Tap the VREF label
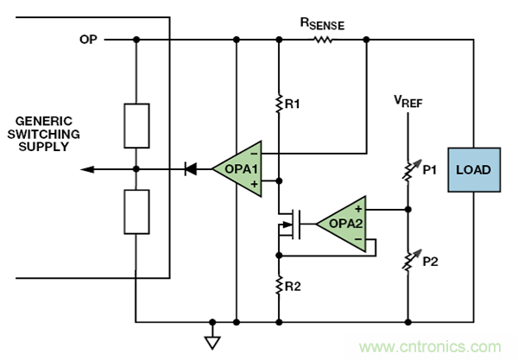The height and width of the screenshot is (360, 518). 407,100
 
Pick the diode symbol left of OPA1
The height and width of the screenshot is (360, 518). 190,169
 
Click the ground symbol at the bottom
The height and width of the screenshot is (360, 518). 211,342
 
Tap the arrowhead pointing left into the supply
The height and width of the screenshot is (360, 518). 87,169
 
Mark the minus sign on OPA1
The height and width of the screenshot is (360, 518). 254,153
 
